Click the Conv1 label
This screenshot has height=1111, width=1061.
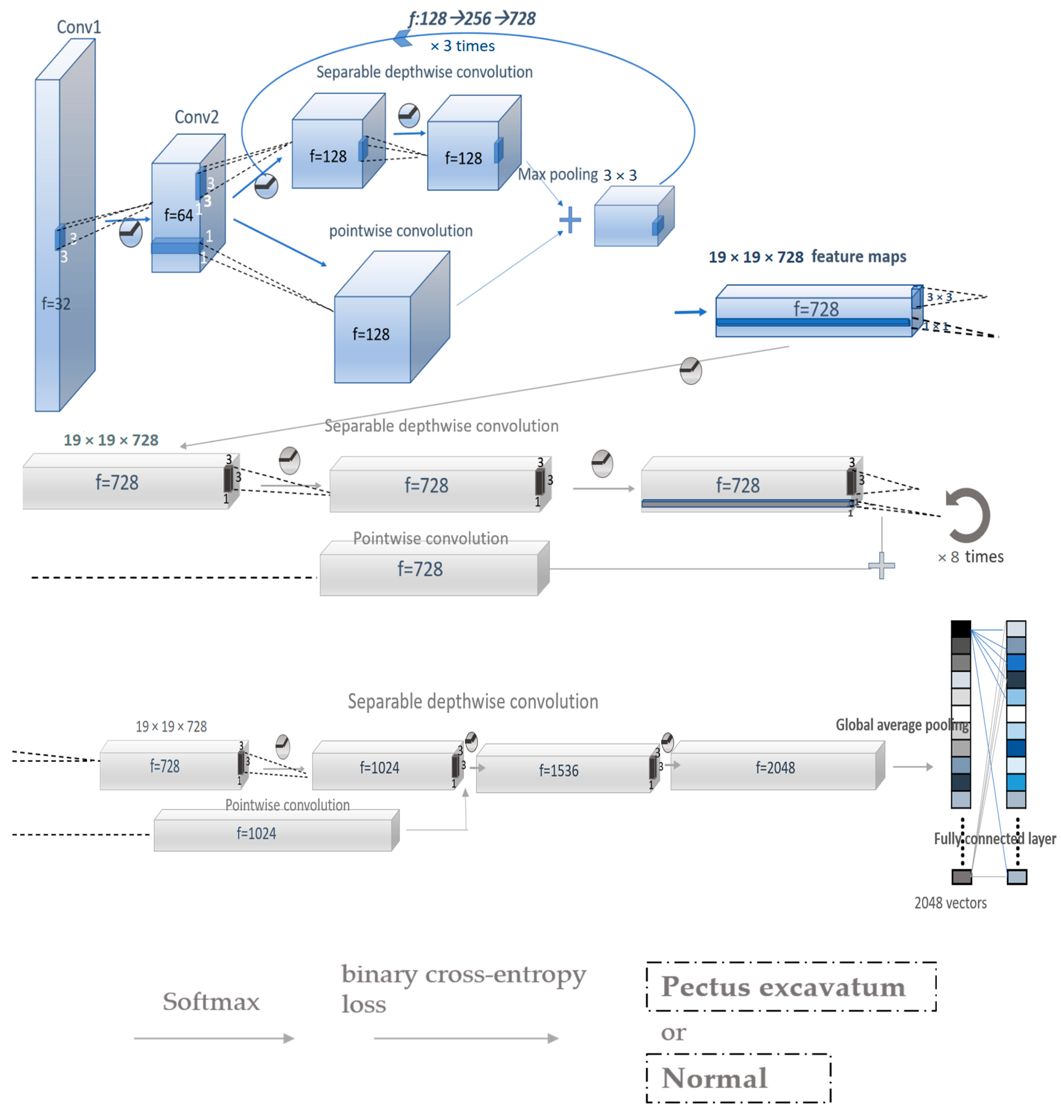coord(79,27)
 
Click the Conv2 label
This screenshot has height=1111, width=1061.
coord(196,117)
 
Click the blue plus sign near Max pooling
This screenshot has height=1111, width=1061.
coord(570,220)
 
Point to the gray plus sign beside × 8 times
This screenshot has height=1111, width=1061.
coord(881,566)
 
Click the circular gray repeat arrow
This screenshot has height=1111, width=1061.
coord(968,515)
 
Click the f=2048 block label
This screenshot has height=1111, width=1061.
coord(775,768)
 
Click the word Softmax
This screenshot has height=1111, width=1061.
coord(211,1002)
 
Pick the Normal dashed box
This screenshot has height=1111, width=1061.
coord(738,1078)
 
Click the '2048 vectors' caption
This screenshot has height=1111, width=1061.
coord(950,903)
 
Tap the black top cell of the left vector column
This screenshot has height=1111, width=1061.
coord(960,629)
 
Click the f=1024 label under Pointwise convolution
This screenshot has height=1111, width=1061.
coord(256,833)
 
